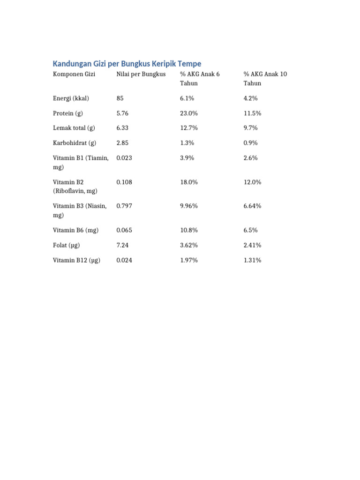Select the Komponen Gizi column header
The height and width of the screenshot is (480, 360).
coord(74,74)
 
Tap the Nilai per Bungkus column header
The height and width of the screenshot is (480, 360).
coord(141,74)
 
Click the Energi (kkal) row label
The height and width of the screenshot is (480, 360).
coord(71,98)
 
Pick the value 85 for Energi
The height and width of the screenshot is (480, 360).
coord(120,98)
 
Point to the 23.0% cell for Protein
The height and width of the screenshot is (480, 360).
coord(189,113)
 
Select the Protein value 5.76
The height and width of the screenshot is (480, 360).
coord(123,113)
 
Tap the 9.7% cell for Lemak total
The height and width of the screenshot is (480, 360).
coord(251,128)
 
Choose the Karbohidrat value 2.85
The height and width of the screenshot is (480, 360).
coord(123,143)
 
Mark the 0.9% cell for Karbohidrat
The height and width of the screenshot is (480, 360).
coord(251,143)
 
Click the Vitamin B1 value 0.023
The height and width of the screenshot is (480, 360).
coord(124,158)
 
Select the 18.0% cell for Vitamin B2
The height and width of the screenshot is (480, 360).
coord(189,182)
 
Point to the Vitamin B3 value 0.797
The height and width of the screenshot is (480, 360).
coord(124,206)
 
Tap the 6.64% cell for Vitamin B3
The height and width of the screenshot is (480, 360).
coord(253,206)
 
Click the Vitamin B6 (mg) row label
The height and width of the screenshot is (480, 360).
coord(76,230)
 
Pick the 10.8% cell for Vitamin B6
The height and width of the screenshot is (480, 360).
coord(189,230)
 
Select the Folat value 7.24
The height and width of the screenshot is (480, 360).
coord(123,245)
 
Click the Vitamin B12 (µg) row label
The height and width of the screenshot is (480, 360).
coord(76,260)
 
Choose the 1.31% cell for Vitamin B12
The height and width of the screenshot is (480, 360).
coord(253,260)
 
